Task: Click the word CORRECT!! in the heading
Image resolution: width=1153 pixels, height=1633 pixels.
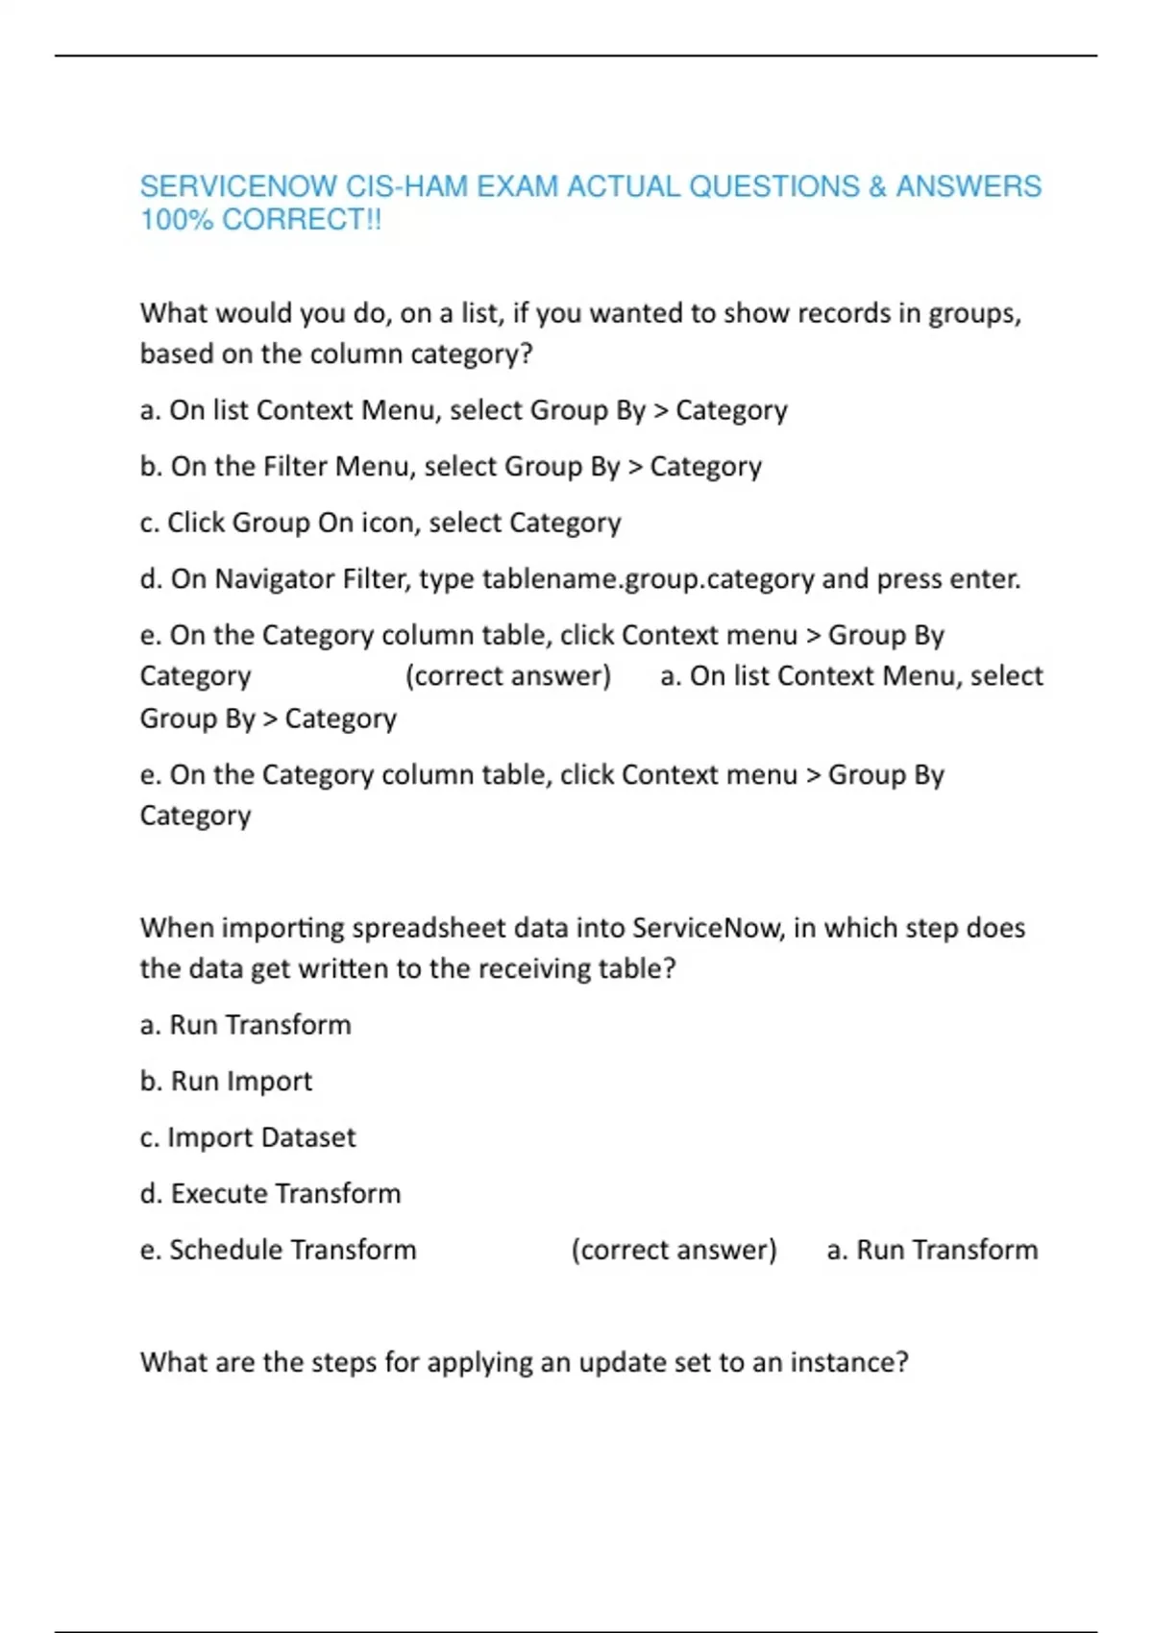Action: [302, 220]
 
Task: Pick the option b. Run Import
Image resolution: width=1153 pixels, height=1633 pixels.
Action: [226, 1082]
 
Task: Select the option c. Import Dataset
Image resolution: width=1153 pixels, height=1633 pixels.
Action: [248, 1137]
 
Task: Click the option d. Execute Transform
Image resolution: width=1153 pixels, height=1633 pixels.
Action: [270, 1194]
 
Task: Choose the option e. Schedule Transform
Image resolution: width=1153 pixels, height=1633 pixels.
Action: [278, 1250]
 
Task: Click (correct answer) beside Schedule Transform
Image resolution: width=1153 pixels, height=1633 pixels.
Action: [674, 1250]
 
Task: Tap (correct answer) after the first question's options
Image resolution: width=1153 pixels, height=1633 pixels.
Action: [507, 676]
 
